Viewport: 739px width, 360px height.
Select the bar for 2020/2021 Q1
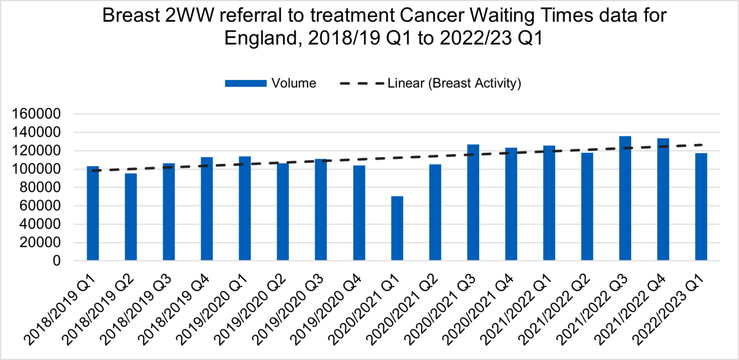[397, 229]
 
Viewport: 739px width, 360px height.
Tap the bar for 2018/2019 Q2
[131, 217]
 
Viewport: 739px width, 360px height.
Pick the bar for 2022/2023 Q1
[701, 207]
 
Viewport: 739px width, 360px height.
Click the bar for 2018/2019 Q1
[93, 214]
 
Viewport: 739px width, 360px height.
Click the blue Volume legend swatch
[245, 84]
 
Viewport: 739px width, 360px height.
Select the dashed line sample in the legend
[361, 84]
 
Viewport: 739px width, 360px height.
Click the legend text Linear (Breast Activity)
[454, 84]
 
